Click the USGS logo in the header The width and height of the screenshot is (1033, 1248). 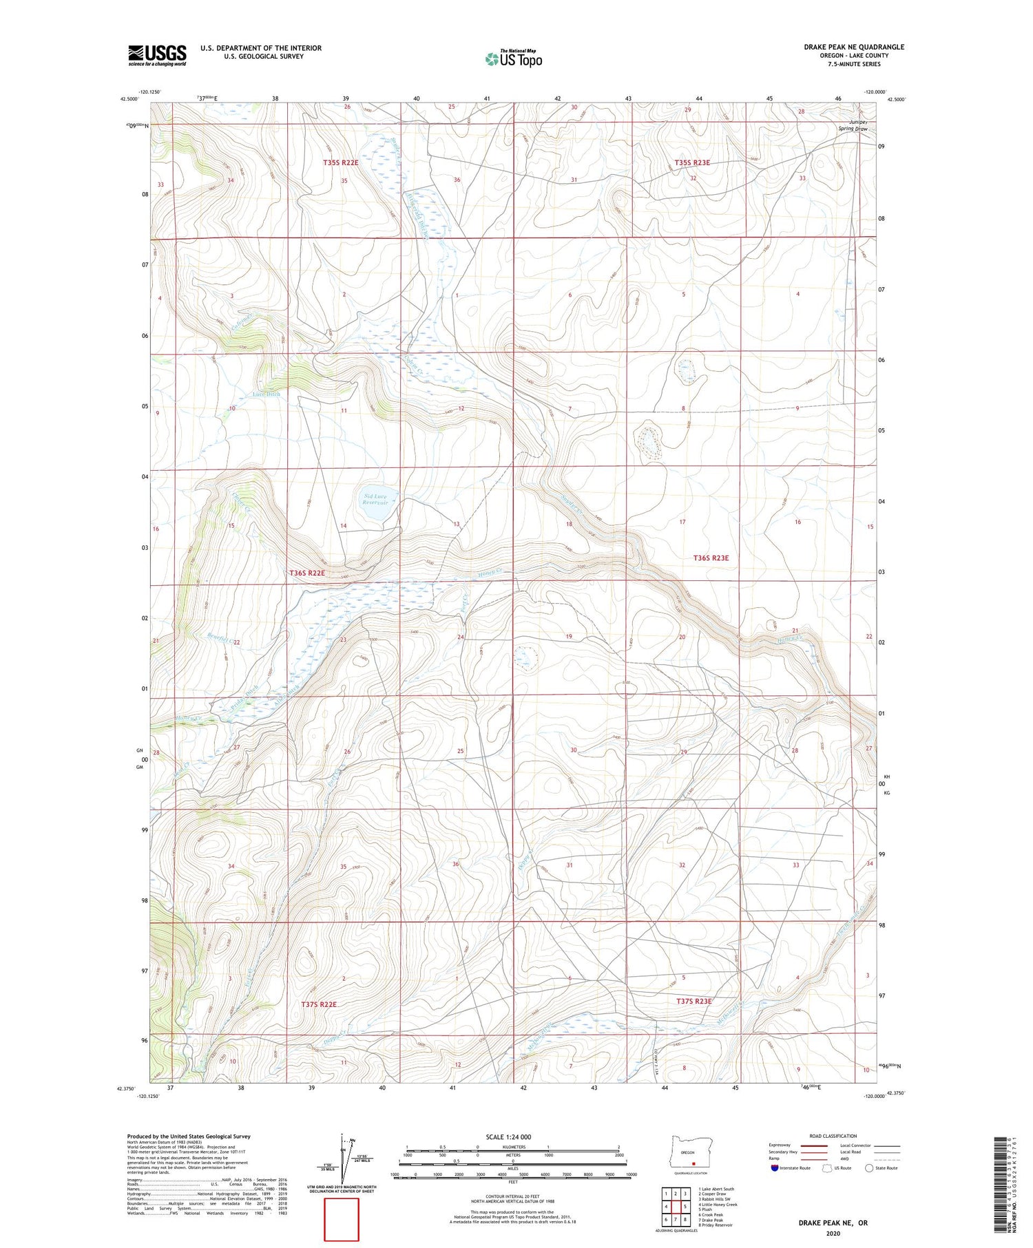[157, 55]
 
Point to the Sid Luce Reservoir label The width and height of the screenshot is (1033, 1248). [375, 499]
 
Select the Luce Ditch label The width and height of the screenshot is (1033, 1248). [266, 394]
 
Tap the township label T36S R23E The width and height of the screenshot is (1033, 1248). [711, 558]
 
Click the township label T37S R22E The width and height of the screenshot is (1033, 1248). [319, 1004]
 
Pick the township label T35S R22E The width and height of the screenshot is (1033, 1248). [340, 162]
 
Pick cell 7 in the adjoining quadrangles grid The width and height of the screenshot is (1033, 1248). [676, 1219]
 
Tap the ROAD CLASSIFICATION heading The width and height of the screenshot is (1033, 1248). [833, 1136]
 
